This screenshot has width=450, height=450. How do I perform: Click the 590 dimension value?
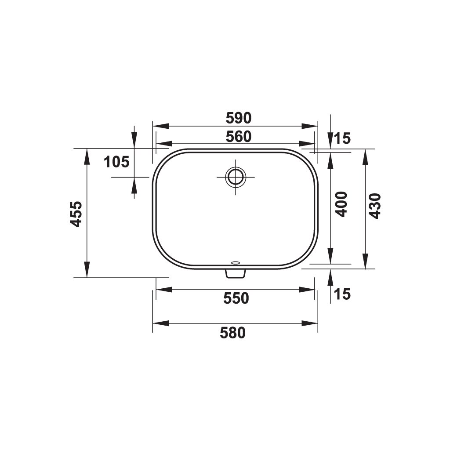coord(238,118)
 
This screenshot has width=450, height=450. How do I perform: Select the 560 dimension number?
coord(238,137)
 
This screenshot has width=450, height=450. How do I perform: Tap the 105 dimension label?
coord(116,162)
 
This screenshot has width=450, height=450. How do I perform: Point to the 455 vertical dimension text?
coord(76,214)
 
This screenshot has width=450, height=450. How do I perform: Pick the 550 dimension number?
coord(236,298)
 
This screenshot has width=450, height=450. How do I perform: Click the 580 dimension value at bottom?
coord(232,334)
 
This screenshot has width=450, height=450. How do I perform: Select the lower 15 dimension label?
coord(342,294)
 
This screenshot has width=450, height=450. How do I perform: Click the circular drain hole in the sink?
coord(236,177)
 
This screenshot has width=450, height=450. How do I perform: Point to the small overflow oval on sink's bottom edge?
coord(235,263)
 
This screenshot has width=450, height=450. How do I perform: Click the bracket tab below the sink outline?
coord(235,273)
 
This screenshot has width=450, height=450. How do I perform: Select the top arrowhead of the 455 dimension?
coord(87,156)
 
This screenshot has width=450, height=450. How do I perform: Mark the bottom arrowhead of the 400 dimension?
coord(330,256)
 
